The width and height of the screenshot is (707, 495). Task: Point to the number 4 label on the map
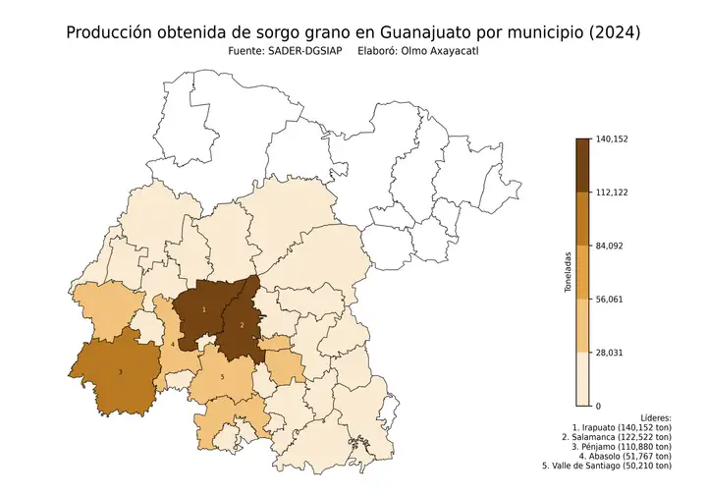[x=173, y=345]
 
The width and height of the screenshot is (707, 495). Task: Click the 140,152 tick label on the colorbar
[x=611, y=139]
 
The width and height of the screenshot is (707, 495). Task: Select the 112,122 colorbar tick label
[x=611, y=192]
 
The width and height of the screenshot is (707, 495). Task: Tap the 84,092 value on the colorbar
[x=609, y=246]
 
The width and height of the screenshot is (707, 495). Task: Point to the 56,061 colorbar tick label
[x=609, y=299]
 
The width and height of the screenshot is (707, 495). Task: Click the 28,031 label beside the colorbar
[x=609, y=352]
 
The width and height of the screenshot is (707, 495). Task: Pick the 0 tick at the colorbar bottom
[x=598, y=405]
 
